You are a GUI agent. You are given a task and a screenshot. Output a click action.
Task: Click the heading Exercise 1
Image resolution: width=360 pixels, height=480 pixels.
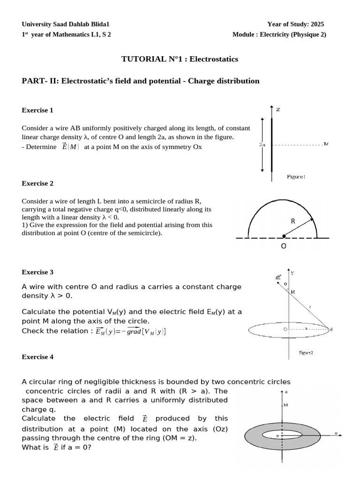[x=37, y=110]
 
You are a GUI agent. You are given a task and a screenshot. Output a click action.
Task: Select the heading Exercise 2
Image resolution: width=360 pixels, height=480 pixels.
[x=37, y=183]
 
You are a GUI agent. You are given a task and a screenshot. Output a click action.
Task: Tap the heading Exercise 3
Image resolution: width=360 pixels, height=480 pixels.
[x=37, y=272]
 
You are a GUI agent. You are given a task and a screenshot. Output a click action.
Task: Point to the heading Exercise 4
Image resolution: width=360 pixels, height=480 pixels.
[x=37, y=357]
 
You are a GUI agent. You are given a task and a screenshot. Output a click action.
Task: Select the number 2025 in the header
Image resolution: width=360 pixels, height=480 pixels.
[x=316, y=24]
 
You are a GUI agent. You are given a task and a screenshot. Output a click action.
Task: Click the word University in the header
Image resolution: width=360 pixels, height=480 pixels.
[x=37, y=24]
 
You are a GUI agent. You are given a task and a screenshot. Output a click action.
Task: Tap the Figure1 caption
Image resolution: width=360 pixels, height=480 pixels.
[x=296, y=177]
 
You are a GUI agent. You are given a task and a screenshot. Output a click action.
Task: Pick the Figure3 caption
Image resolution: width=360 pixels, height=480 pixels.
[x=306, y=352]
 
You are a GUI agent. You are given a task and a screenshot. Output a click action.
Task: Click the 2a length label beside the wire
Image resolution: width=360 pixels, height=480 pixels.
[x=262, y=145]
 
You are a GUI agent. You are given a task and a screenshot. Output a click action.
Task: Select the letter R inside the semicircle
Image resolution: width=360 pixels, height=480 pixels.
[x=292, y=221]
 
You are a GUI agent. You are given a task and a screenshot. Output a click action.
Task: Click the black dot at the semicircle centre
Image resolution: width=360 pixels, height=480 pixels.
[x=283, y=237]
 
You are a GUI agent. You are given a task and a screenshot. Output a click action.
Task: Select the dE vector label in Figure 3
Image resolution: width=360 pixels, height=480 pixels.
[x=278, y=277]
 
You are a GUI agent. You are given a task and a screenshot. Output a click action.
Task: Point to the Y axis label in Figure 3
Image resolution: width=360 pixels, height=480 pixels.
[x=292, y=273]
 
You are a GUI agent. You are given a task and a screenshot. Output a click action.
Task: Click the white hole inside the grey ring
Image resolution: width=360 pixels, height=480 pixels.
[x=282, y=435]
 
